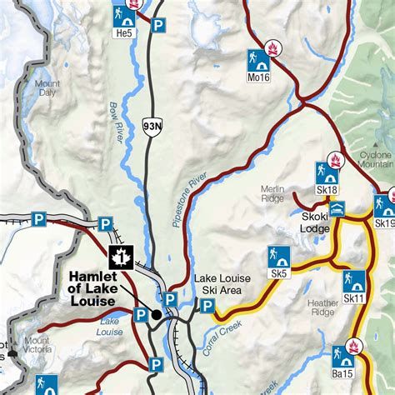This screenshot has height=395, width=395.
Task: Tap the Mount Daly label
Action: [47, 89]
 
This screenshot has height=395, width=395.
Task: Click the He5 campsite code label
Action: [123, 33]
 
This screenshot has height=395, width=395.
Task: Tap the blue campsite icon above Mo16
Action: [257, 59]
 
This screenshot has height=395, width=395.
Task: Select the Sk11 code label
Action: [354, 298]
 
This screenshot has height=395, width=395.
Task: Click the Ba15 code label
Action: [342, 374]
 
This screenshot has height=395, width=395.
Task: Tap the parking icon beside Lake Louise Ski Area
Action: [206, 307]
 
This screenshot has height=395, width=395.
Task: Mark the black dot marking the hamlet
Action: [156, 314]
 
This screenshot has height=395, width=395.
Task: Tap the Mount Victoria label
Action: [37, 345]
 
